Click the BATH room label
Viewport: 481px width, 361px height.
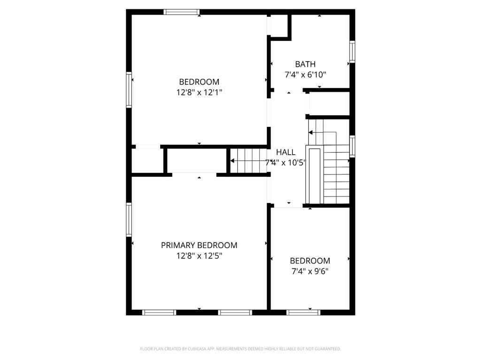(x=305, y=64)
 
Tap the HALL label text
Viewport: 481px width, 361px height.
(x=286, y=152)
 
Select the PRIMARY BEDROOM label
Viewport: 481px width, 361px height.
(x=199, y=245)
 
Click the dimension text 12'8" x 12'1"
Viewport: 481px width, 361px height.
(x=199, y=93)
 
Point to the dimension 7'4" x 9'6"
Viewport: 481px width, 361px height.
(x=310, y=271)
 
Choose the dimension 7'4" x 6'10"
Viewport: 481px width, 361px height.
(x=305, y=75)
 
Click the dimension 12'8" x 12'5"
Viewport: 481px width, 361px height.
(x=199, y=256)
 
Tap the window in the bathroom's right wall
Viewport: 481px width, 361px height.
(x=352, y=52)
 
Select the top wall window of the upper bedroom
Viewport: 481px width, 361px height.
(x=181, y=12)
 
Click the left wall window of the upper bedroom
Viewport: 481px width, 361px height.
(x=129, y=90)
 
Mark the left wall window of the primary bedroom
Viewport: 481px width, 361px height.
(x=129, y=220)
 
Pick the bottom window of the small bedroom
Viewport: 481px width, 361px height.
(x=303, y=313)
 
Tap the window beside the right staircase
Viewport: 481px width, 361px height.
(x=352, y=147)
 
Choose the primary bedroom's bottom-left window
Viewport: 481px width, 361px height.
(x=159, y=313)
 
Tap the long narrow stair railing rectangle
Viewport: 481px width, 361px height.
(x=315, y=176)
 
